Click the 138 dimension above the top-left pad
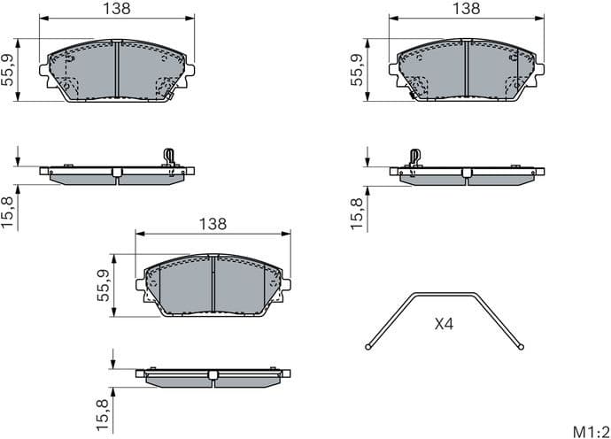click(117, 8)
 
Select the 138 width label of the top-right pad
click(466, 8)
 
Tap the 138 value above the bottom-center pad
click(213, 224)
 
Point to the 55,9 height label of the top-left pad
click(9, 69)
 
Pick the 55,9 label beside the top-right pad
click(358, 69)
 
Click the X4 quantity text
click(444, 325)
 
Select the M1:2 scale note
click(588, 431)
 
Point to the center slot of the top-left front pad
click(117, 70)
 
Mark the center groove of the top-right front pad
click(466, 70)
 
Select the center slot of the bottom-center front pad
click(213, 285)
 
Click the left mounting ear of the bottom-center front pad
click(140, 287)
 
